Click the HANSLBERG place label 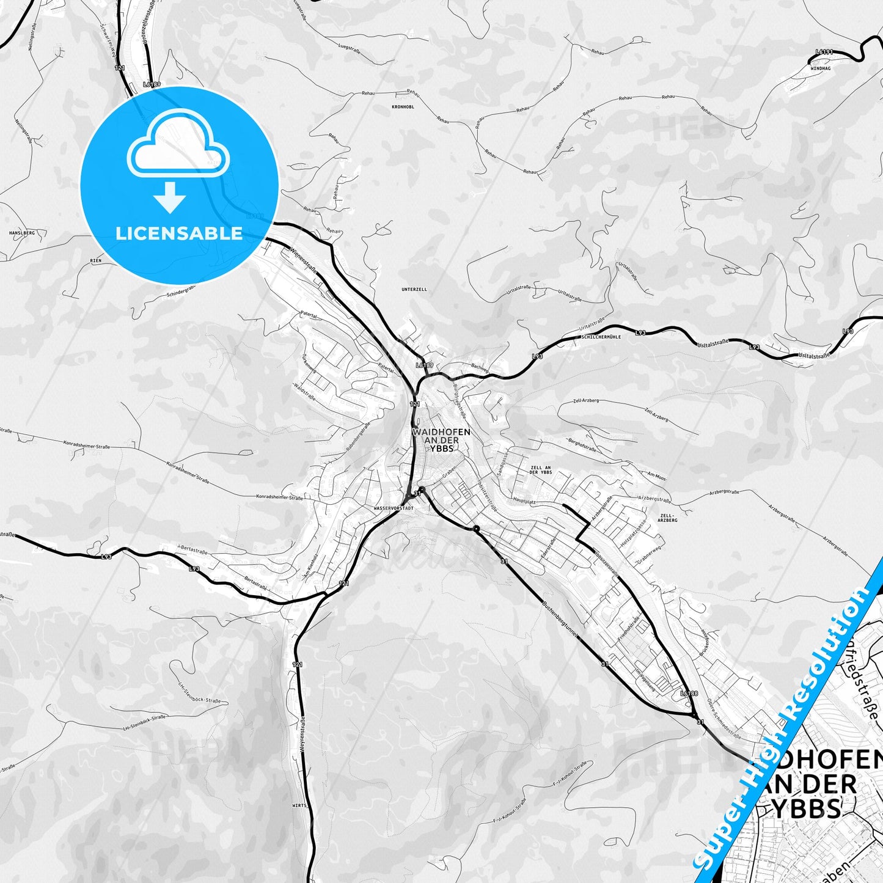coord(22,233)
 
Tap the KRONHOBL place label coord(403,107)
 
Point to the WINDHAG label coord(820,69)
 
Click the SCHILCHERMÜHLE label coord(601,337)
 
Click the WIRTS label coord(299,806)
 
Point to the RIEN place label coord(95,261)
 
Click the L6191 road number coord(824,53)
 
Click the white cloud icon coord(178,151)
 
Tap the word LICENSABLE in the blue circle coord(179,233)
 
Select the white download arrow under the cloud coord(170,198)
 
